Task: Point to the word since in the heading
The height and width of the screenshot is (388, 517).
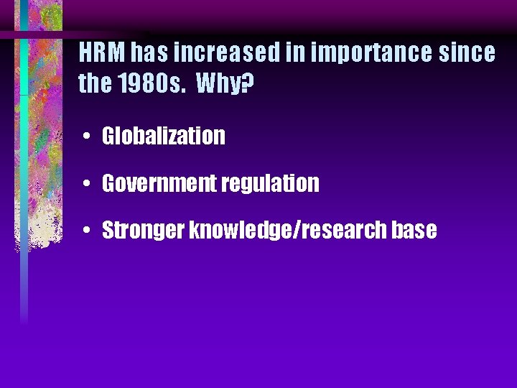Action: click(x=467, y=53)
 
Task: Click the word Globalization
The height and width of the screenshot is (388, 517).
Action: click(x=164, y=136)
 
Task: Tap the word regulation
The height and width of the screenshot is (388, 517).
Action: click(x=271, y=184)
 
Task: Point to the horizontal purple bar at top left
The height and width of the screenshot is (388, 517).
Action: click(x=43, y=34)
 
